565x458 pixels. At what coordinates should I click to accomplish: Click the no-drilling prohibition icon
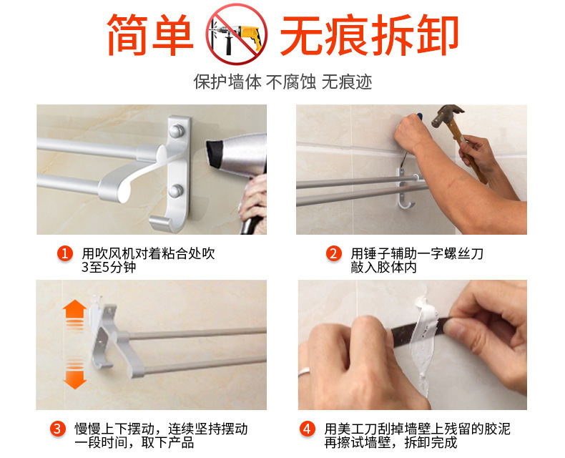[237, 34]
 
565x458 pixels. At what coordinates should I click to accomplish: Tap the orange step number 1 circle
[65, 253]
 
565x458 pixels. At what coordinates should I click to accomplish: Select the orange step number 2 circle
[334, 253]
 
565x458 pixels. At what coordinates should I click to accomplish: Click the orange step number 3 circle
[58, 429]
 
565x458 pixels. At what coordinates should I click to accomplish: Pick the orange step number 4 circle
[307, 429]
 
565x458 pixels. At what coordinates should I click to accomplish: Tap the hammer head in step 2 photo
[447, 114]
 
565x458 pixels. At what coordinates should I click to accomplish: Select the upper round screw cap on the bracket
[176, 131]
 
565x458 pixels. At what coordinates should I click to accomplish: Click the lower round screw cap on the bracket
[176, 191]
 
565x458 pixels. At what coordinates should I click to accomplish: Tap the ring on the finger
[305, 371]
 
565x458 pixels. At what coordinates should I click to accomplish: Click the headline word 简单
[150, 34]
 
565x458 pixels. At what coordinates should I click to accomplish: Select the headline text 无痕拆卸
[369, 34]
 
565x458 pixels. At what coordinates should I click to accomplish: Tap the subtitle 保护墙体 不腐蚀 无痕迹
[282, 82]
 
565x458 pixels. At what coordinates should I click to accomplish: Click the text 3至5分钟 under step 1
[109, 267]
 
